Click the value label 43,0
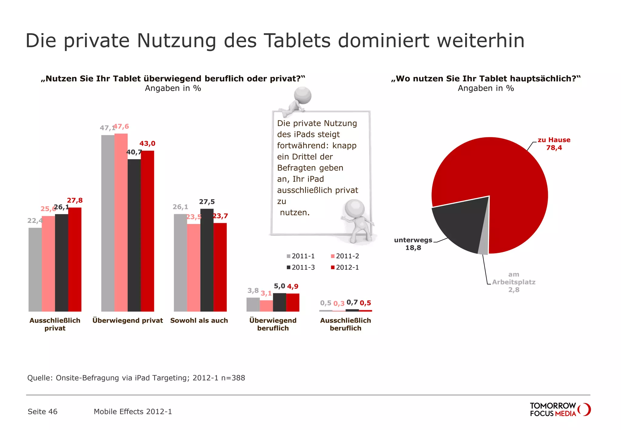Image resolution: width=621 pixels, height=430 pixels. [x=147, y=143]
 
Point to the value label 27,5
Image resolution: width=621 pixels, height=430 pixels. [x=207, y=202]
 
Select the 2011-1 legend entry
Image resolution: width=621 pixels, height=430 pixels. [x=301, y=256]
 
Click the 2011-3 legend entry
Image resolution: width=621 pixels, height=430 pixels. [x=301, y=267]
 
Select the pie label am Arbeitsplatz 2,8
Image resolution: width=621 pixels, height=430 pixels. [x=514, y=282]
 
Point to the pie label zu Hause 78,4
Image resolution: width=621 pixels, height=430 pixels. [x=554, y=144]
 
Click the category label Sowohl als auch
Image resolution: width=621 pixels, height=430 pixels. [x=199, y=321]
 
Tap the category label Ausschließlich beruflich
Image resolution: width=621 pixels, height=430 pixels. [x=345, y=324]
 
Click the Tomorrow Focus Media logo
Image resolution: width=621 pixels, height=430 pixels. [x=560, y=409]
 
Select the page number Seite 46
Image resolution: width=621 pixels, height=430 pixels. [x=42, y=412]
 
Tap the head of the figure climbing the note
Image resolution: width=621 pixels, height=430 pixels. [x=303, y=95]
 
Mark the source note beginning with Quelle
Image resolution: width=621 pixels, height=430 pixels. [x=136, y=378]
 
